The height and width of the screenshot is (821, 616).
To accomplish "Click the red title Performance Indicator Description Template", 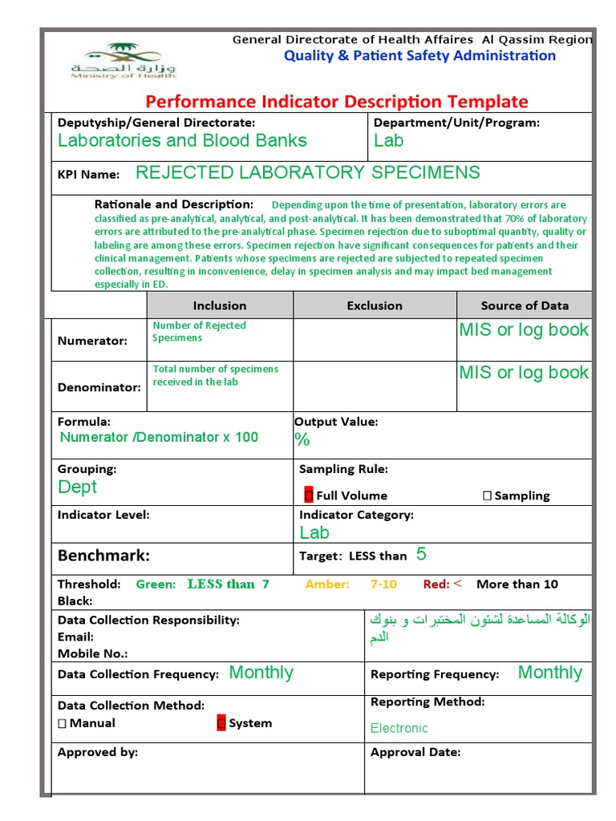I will [x=336, y=102].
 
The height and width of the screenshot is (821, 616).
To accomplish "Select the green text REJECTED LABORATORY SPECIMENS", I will [x=308, y=172].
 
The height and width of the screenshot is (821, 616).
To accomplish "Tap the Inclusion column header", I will [x=220, y=305].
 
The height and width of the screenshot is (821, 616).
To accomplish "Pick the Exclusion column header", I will [x=375, y=305].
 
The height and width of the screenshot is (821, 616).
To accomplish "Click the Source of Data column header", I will [x=525, y=305].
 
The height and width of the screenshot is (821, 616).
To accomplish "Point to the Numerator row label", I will [x=92, y=341].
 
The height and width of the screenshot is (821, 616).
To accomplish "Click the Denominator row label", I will [x=99, y=386].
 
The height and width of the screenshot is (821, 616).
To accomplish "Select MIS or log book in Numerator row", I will [x=524, y=330].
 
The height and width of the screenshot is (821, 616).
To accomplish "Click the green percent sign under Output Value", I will [x=302, y=439].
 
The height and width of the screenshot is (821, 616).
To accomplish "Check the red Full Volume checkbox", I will [x=309, y=495].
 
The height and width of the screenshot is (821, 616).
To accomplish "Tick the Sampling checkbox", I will [x=488, y=495].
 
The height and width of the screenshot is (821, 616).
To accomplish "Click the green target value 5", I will [x=421, y=555].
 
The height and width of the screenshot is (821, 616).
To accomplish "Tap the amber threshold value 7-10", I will [x=383, y=584].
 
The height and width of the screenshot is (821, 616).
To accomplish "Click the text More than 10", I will [x=517, y=584].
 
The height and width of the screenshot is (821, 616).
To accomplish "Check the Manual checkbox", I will [x=63, y=723].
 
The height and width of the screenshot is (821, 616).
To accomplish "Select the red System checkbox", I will [x=221, y=723].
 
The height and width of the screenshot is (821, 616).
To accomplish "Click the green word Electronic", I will [x=399, y=728].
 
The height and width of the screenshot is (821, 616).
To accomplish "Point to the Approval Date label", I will [x=415, y=752].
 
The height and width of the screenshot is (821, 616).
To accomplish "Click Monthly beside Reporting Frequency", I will [x=549, y=673].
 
